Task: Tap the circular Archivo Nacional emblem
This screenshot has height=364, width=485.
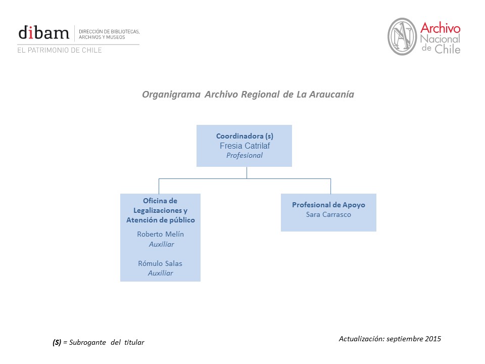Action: click(x=402, y=36)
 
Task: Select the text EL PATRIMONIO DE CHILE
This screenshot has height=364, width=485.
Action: click(x=60, y=50)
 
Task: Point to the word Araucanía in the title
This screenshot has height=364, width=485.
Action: click(x=332, y=95)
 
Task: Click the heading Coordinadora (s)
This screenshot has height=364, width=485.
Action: click(x=245, y=136)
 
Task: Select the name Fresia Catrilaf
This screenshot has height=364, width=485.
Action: click(x=245, y=146)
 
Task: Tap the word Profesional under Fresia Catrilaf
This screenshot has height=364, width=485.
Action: click(x=245, y=155)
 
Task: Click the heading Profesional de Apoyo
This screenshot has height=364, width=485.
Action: click(x=328, y=205)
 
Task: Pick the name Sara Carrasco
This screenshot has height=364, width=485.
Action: click(x=328, y=214)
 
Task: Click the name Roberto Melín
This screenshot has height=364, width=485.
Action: click(x=160, y=234)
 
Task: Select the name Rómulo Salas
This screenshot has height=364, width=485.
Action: click(x=160, y=263)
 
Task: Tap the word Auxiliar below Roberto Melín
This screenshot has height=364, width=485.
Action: click(x=161, y=244)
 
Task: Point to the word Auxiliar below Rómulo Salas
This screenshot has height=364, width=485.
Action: click(x=160, y=273)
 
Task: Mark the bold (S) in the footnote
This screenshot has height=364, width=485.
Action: click(x=57, y=342)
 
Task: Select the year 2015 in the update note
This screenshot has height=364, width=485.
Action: click(x=432, y=339)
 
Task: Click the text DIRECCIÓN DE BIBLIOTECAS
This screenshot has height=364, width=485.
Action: click(x=109, y=32)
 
